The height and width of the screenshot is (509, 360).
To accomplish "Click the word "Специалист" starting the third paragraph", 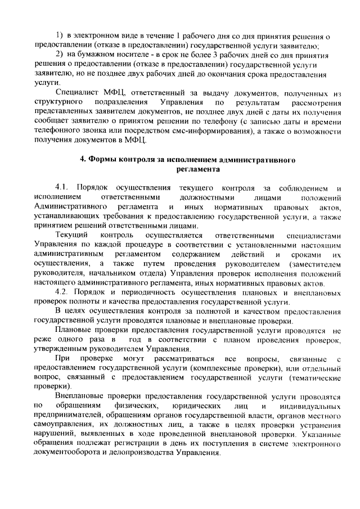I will (79, 92).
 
